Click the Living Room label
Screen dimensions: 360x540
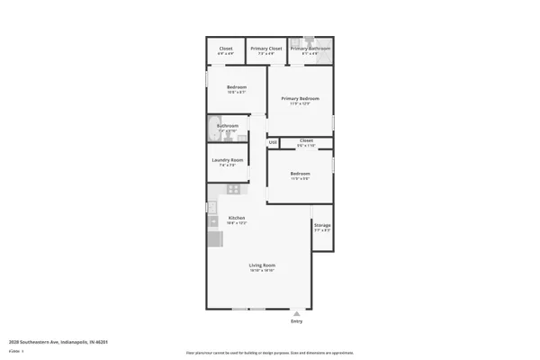262,265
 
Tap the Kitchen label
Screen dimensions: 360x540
237,218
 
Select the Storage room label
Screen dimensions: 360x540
322,225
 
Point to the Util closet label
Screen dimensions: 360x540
272,142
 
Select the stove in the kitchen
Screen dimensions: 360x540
233,189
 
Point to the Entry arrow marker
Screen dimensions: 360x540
297,312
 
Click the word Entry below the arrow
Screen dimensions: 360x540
297,321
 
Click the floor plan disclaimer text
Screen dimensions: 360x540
269,353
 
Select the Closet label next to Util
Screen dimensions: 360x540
306,140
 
